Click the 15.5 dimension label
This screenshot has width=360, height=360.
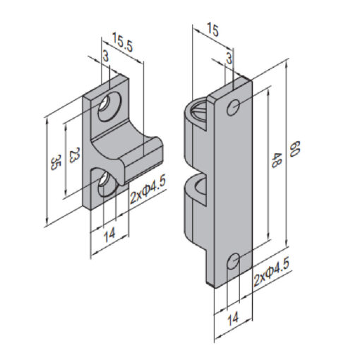122,42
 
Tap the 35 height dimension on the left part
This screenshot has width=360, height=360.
56,162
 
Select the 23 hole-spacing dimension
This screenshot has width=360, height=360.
75,155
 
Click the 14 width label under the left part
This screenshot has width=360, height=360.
109,235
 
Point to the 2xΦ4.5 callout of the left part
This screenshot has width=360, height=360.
148,189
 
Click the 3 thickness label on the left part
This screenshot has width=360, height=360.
106,56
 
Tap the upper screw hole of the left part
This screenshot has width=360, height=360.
109,107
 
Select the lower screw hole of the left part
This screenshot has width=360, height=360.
107,184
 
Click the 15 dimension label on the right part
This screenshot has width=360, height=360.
212,30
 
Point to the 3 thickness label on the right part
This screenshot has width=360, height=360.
229,59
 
